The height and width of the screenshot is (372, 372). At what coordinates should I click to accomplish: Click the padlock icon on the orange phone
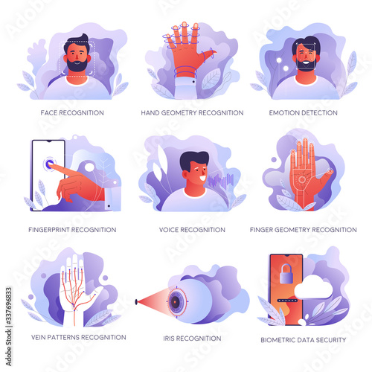click(286, 274)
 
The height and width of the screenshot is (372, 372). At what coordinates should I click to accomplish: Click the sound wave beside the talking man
click(221, 181)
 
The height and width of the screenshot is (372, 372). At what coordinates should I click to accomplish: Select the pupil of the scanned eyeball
click(176, 302)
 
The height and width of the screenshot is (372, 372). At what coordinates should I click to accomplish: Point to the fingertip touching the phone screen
click(50, 164)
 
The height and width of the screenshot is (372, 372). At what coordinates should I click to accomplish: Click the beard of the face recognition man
click(77, 65)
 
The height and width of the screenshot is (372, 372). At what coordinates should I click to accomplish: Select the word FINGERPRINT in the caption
click(48, 230)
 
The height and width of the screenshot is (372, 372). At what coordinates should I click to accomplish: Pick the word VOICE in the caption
click(169, 230)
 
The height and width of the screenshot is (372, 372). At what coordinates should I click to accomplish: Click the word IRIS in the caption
click(169, 339)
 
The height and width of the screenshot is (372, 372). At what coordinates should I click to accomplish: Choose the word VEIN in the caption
click(38, 337)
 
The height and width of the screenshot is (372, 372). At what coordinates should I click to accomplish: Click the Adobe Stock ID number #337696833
click(9, 307)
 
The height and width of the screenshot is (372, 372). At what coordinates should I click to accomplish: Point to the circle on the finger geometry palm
click(302, 179)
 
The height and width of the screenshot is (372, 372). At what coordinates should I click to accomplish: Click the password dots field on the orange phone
click(287, 301)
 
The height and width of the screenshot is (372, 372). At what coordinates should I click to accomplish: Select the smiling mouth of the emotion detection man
click(306, 62)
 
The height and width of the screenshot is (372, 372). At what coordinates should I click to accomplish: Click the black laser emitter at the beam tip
click(136, 302)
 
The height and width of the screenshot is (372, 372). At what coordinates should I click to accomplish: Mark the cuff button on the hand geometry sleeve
click(193, 82)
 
